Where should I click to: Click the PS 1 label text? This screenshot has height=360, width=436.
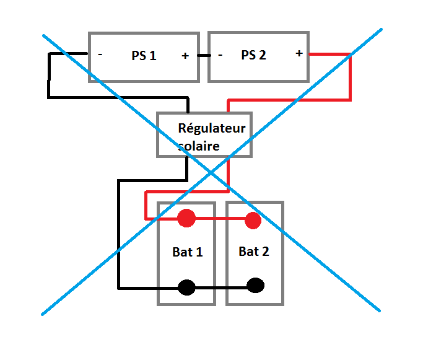(x=144, y=55)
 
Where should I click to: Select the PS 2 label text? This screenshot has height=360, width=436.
(x=253, y=55)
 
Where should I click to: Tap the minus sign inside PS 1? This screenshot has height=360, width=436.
(x=100, y=55)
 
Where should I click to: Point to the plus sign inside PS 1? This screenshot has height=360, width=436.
(x=185, y=56)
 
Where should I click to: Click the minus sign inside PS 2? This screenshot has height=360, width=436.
(x=220, y=55)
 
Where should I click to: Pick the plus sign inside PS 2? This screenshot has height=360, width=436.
(x=299, y=53)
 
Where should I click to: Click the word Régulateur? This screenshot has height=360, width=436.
(x=212, y=129)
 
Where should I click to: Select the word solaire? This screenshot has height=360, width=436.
(x=198, y=146)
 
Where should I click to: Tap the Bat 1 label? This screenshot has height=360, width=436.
(x=187, y=252)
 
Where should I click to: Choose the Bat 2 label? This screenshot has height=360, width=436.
(x=254, y=252)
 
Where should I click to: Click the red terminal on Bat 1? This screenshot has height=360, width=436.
(x=186, y=218)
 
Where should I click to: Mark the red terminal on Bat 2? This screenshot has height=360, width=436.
(x=252, y=220)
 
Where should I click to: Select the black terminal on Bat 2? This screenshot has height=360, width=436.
(x=255, y=286)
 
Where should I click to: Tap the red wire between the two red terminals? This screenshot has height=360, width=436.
(x=220, y=219)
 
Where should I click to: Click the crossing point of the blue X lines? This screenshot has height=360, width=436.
(x=211, y=172)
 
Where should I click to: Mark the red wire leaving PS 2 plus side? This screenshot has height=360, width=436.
(x=328, y=55)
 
